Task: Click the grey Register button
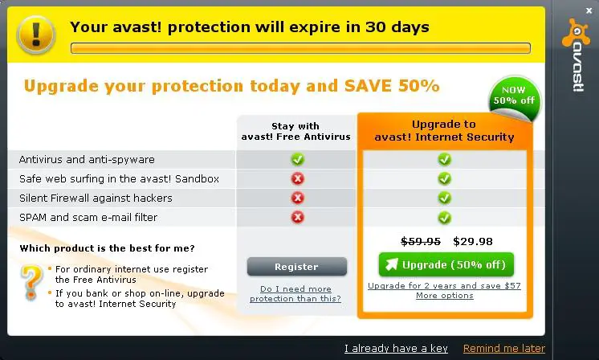coord(297,266)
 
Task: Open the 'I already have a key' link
coord(396,348)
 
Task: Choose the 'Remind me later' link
coord(504,348)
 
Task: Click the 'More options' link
coord(445,296)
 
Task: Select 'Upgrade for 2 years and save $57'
coord(444,286)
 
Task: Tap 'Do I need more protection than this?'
coord(295,293)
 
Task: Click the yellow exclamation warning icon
coord(36,35)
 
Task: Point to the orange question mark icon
coord(31,283)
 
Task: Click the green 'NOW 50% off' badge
coord(514,98)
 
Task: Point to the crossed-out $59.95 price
coord(421,242)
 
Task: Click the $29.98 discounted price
coord(473,242)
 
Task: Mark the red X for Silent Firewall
coord(298,198)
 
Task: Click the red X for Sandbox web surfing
coord(298,178)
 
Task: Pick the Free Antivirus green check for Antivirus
coord(298,159)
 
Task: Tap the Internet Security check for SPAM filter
coord(444,218)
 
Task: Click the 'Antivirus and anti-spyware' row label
coord(87,159)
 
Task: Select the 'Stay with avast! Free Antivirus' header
coord(295,132)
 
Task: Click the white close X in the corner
coord(589,11)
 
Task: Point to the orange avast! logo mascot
coord(576,34)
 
